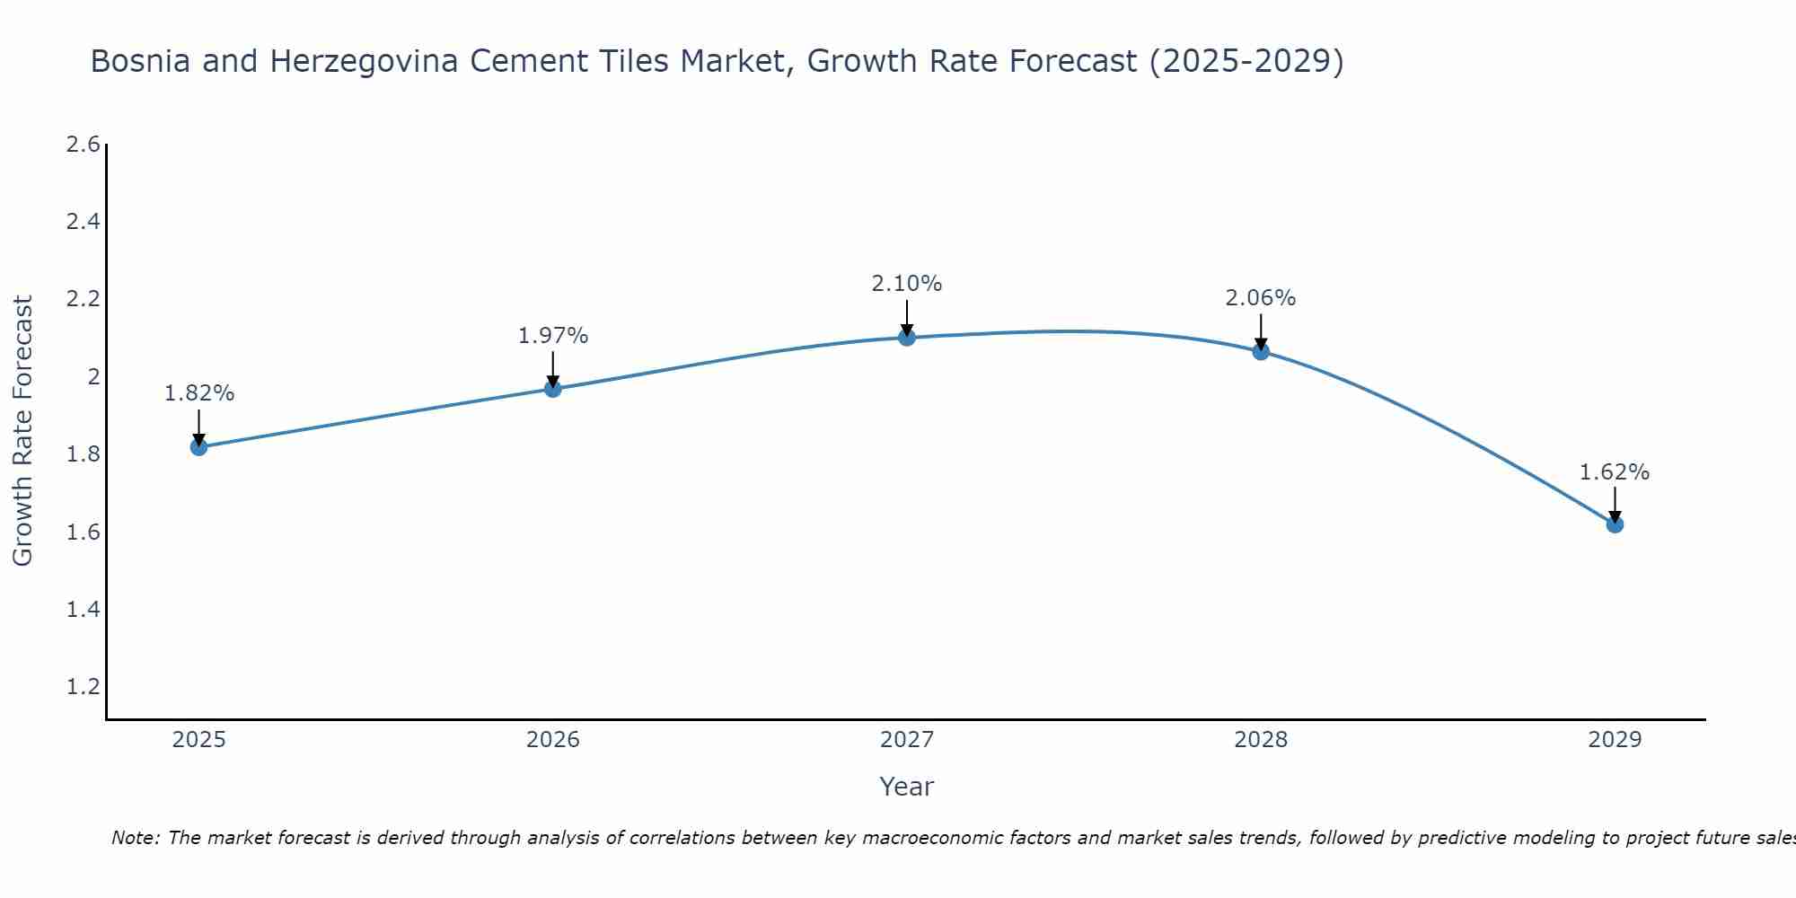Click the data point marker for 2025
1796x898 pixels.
click(198, 447)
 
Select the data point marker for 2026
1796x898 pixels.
click(553, 389)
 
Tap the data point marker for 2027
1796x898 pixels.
click(907, 338)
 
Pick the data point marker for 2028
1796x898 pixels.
click(1261, 352)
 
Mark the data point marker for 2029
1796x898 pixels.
click(1615, 524)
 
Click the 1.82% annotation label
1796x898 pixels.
click(198, 393)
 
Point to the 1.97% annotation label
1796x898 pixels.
click(553, 336)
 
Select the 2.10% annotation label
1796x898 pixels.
click(907, 284)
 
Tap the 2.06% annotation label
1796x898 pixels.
click(1261, 298)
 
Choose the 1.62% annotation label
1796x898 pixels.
click(1615, 472)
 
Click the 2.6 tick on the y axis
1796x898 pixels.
click(83, 145)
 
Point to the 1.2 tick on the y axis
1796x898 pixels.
click(83, 687)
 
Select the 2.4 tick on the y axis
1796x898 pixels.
click(83, 222)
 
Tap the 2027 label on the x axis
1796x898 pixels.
click(907, 740)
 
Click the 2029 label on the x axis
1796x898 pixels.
click(1615, 740)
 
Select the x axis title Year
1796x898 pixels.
click(907, 787)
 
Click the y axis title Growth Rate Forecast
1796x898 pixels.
click(23, 431)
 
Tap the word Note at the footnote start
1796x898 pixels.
click(135, 838)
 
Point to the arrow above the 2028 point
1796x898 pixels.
click(1261, 330)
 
